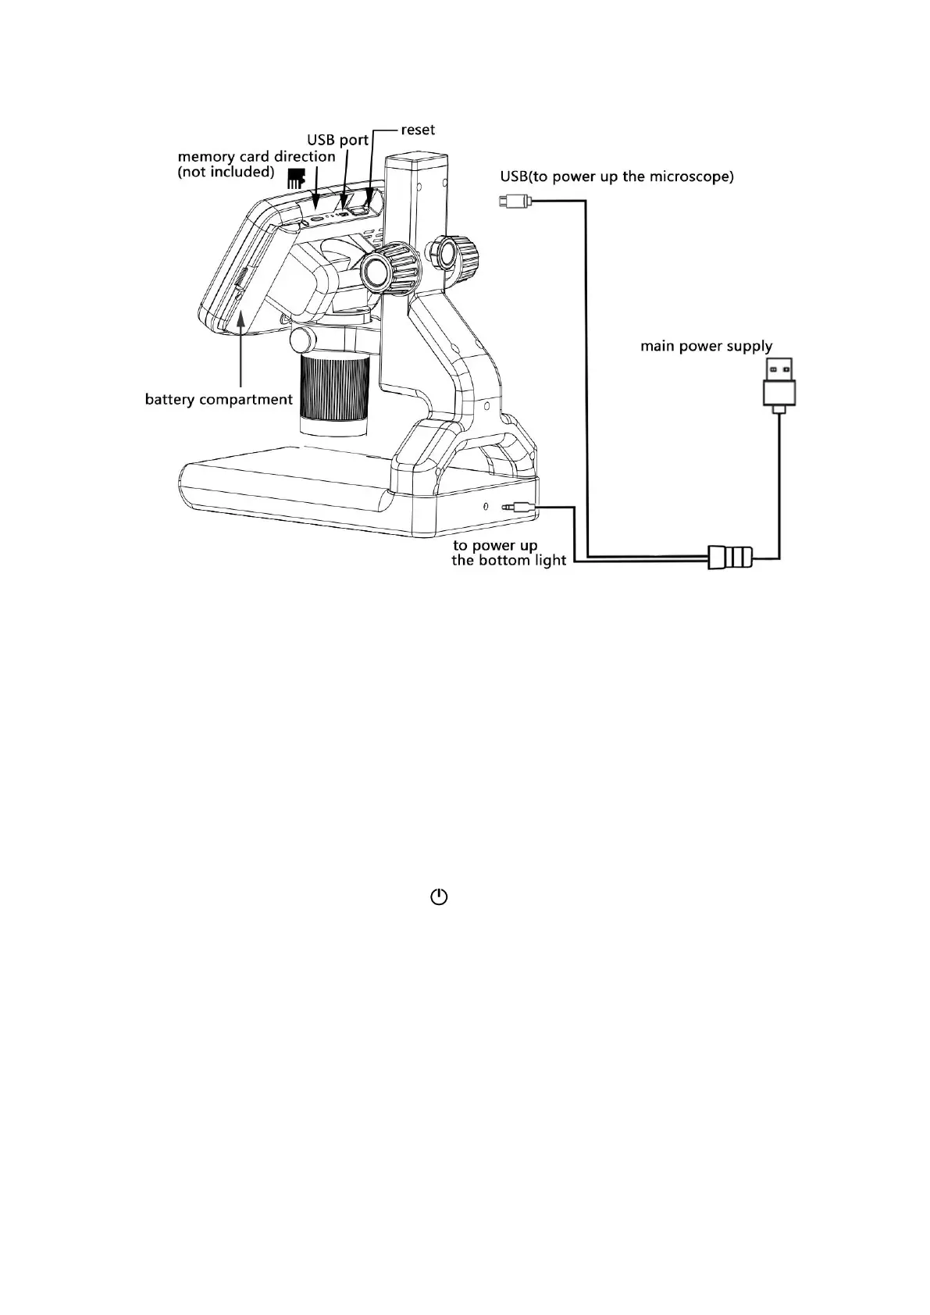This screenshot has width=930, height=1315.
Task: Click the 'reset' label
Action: pyautogui.click(x=418, y=130)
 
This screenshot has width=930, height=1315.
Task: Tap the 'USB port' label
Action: pyautogui.click(x=337, y=141)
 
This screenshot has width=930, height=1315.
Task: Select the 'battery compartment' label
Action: pyautogui.click(x=219, y=400)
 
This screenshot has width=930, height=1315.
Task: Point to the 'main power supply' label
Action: pyautogui.click(x=706, y=346)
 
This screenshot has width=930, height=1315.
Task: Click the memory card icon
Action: pyautogui.click(x=295, y=177)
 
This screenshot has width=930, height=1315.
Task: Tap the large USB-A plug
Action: pyautogui.click(x=778, y=383)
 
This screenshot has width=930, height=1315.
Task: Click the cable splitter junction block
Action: pyautogui.click(x=730, y=557)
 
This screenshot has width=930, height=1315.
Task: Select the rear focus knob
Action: pyautogui.click(x=448, y=251)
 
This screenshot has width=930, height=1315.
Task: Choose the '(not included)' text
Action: pyautogui.click(x=226, y=172)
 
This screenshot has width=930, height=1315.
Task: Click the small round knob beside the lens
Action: pyautogui.click(x=301, y=339)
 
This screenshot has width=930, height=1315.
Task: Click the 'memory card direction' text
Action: pyautogui.click(x=256, y=156)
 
